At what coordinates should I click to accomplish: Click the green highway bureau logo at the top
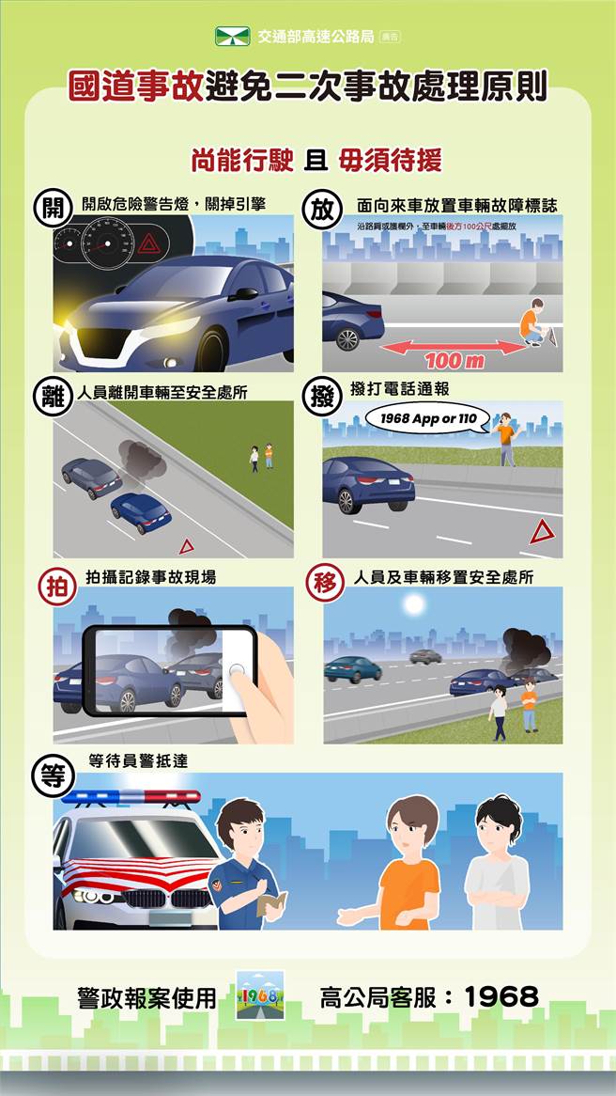(x=233, y=37)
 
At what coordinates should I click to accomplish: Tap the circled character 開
(x=50, y=208)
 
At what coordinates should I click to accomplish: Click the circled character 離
(x=50, y=395)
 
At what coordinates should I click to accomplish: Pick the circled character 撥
(x=322, y=395)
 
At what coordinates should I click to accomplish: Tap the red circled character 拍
(x=55, y=586)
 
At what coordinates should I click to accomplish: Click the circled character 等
(x=50, y=774)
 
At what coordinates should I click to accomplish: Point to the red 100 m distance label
(x=454, y=361)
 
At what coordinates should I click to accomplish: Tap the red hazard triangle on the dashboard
(x=148, y=246)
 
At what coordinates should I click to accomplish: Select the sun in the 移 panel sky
(x=413, y=605)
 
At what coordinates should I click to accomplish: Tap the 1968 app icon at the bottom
(x=260, y=995)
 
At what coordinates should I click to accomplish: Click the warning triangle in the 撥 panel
(x=542, y=532)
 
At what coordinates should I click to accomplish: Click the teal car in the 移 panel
(x=353, y=668)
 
